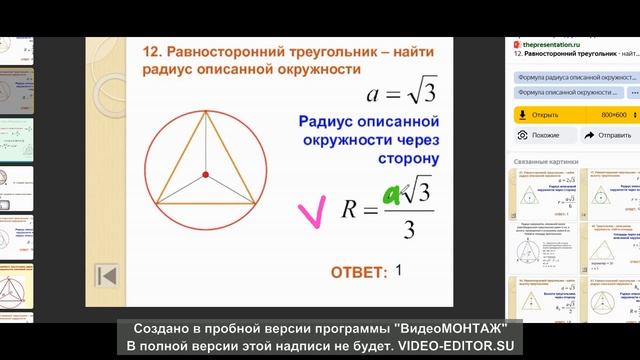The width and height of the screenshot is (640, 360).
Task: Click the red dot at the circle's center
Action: coord(205,175)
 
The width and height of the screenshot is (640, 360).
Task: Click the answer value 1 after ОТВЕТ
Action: coord(398,270)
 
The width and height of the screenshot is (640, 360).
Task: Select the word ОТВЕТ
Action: coord(358,272)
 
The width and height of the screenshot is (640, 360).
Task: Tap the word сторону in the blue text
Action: coord(404,157)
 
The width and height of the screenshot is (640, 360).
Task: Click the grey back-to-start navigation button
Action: coord(107,275)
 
